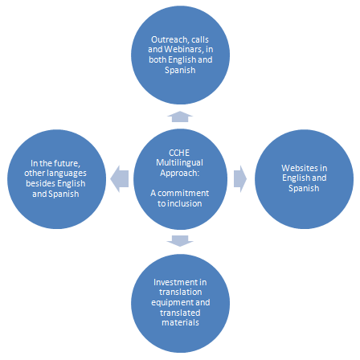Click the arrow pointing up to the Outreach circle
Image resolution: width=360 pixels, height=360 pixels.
180,117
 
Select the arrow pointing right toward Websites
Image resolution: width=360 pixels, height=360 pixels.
240,179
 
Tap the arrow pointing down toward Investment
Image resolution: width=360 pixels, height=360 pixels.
180,241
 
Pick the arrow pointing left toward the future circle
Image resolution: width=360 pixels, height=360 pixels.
120,179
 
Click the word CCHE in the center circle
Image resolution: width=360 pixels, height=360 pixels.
179,153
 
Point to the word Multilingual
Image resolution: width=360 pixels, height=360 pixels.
179,162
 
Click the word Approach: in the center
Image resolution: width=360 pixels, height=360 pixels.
180,173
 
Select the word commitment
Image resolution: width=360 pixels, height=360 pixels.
183,193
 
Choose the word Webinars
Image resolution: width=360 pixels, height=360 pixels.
184,49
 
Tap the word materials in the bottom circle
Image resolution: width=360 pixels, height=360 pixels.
180,322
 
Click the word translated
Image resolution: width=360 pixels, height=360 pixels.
180,313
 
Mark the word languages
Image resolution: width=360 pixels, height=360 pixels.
65,174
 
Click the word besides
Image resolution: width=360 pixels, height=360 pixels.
40,183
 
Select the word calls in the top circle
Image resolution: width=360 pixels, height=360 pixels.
200,39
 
